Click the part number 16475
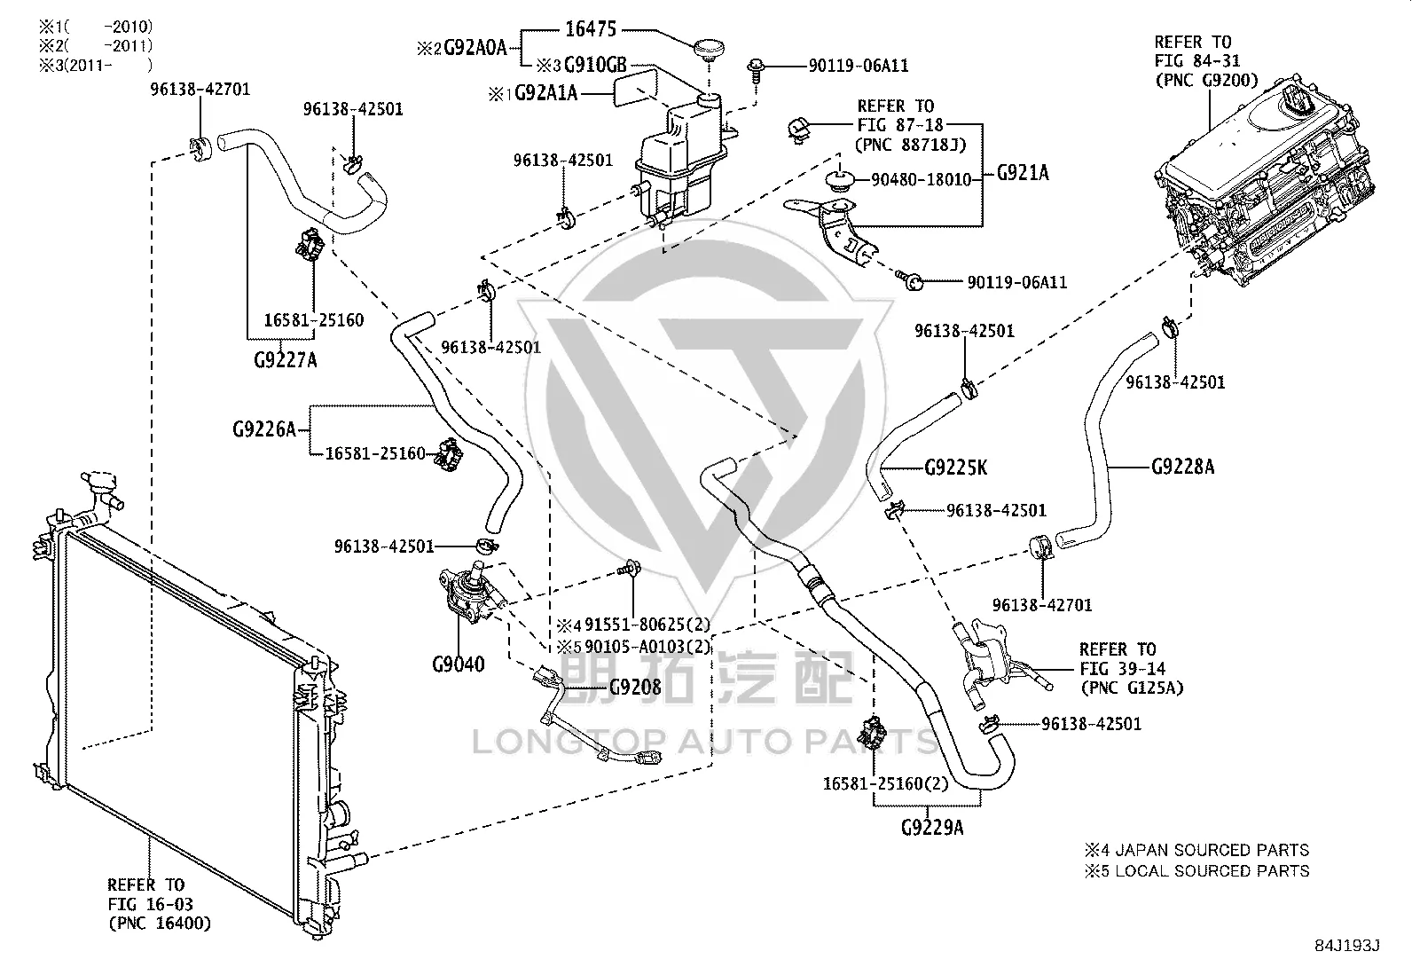tap(591, 29)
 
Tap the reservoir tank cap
tap(710, 49)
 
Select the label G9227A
tap(286, 360)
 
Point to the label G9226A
tap(264, 429)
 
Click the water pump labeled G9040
tap(469, 592)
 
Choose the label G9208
tap(635, 687)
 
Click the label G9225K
tap(955, 468)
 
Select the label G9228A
tap(1182, 467)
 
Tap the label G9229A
tap(932, 827)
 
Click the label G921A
tap(1023, 172)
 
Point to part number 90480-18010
tap(921, 180)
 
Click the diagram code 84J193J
tap(1346, 946)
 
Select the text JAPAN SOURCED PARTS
tap(1211, 850)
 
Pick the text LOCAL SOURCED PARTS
tap(1212, 871)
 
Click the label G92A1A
tap(545, 93)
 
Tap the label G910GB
tap(595, 65)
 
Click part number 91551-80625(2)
tap(647, 625)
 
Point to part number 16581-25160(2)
tap(885, 783)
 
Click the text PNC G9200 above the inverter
tap(1206, 80)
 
